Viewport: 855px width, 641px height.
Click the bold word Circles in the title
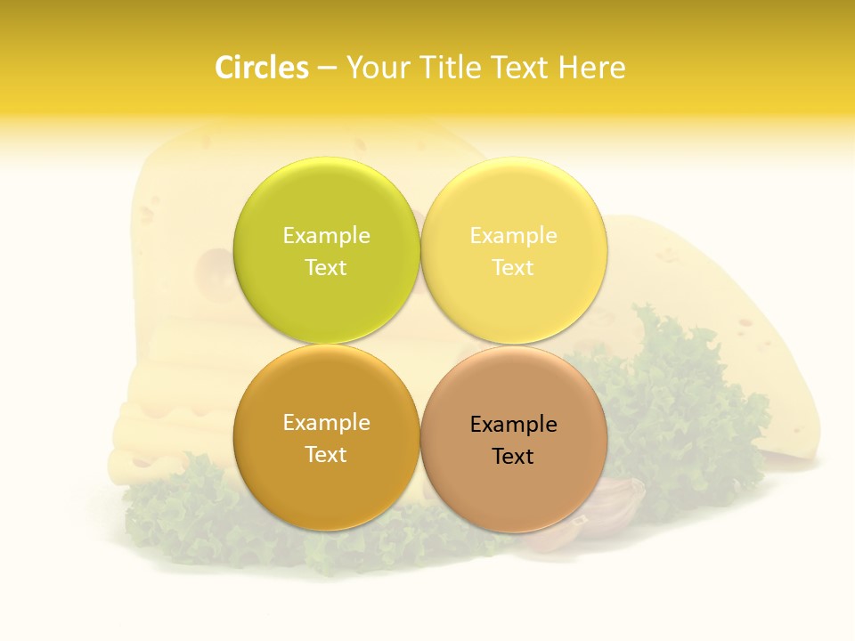261,68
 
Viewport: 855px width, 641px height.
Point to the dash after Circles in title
326,69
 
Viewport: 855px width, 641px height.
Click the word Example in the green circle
326,235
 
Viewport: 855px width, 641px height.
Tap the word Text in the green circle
326,267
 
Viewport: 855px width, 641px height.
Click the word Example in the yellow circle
513,235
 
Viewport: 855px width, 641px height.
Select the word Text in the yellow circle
513,267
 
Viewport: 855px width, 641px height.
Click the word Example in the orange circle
326,422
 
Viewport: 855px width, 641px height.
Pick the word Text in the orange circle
326,454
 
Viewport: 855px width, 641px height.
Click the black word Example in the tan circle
513,424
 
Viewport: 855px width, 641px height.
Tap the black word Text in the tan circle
513,456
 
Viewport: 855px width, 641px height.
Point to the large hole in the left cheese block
214,267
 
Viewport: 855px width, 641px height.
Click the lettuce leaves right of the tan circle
677,401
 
